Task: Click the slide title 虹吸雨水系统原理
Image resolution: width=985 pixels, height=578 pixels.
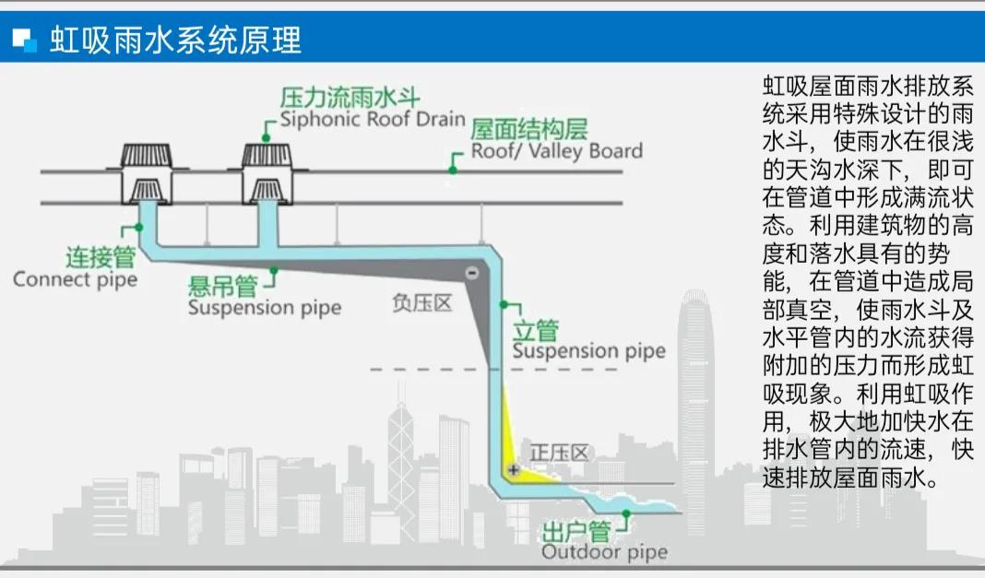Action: [175, 40]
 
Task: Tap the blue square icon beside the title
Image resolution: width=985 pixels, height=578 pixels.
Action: [24, 40]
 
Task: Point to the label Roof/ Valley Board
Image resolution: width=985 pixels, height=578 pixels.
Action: [557, 150]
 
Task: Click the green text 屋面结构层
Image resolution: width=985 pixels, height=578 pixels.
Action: [529, 129]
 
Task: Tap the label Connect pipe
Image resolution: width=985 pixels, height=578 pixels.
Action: [75, 278]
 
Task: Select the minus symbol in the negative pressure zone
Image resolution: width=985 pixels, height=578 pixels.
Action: [470, 273]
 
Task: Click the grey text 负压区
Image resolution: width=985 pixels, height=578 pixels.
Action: [422, 303]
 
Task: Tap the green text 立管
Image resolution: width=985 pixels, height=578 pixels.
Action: [536, 330]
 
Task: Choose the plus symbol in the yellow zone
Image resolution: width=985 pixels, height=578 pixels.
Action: [514, 470]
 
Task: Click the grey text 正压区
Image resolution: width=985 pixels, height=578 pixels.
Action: [559, 453]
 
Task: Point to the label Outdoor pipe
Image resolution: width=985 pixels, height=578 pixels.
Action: [603, 553]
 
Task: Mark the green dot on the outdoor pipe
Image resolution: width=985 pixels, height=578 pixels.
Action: [626, 513]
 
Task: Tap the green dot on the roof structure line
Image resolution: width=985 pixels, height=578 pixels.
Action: [453, 169]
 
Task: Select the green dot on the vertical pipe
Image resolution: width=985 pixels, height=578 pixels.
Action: [504, 303]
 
